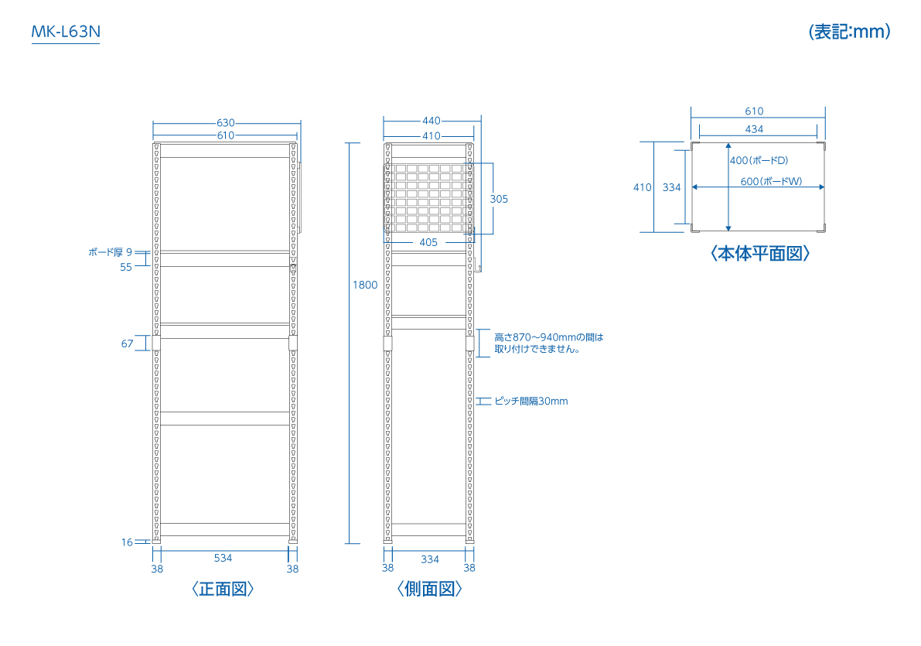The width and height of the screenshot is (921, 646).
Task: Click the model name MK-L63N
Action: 66,31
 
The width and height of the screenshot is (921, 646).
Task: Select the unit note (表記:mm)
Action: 849,31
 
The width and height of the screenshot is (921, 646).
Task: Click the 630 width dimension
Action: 226,123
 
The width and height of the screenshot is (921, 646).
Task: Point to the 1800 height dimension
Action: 365,285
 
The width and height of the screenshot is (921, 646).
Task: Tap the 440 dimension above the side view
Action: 432,121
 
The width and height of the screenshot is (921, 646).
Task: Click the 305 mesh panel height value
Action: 499,199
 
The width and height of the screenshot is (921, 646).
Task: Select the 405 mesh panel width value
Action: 428,242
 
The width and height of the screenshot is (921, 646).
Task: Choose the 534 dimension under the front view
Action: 223,558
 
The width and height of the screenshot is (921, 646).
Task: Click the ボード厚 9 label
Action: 111,252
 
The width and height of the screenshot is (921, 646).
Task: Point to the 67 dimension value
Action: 128,344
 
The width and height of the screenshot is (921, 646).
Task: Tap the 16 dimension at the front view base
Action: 127,542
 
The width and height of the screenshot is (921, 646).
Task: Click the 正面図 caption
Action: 223,589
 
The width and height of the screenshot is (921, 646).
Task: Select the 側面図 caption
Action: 429,589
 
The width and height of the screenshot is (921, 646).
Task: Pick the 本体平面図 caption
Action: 760,253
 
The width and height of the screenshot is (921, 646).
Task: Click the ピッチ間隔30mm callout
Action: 531,401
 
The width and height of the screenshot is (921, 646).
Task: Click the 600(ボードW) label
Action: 771,181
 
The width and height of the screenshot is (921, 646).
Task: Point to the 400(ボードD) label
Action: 759,160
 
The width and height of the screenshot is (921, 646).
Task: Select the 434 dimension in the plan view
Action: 754,129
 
